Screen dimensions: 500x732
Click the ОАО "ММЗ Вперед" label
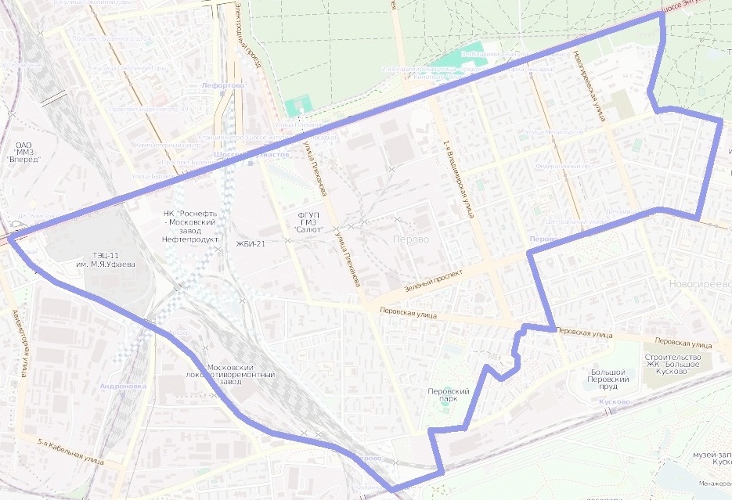point(23,152)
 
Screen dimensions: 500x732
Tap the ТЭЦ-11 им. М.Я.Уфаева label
point(106,260)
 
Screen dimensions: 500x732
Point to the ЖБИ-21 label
point(251,244)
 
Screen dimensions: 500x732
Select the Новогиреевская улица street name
point(590,85)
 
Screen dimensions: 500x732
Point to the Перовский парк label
point(448,395)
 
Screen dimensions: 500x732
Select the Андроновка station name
point(124,386)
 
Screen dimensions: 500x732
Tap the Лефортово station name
point(222,85)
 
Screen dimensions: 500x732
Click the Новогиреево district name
point(700,283)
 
